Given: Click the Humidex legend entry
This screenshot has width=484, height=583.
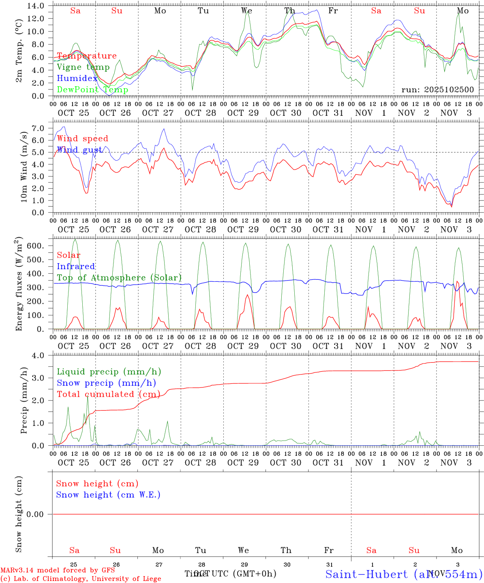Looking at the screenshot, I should (77, 79).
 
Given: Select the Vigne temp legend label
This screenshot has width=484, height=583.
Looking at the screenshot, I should (83, 67).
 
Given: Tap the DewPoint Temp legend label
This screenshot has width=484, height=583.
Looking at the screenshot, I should (92, 90).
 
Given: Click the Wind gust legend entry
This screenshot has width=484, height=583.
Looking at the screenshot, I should (79, 150).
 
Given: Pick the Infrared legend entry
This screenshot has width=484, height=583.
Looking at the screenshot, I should (76, 266).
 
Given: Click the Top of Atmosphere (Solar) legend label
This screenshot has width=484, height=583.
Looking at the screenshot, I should (119, 278).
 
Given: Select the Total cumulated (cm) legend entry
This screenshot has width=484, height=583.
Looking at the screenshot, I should (108, 394).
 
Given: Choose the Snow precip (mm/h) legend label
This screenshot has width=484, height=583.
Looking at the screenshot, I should (106, 383).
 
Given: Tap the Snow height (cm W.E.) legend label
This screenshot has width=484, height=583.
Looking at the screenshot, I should (108, 495).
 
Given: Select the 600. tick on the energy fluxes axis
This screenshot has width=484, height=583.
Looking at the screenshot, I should (40, 246).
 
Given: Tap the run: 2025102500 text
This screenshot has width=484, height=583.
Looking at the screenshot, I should (437, 90).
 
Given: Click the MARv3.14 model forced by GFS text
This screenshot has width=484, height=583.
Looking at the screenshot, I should (57, 570).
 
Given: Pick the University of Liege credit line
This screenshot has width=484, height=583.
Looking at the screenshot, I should (81, 579).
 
